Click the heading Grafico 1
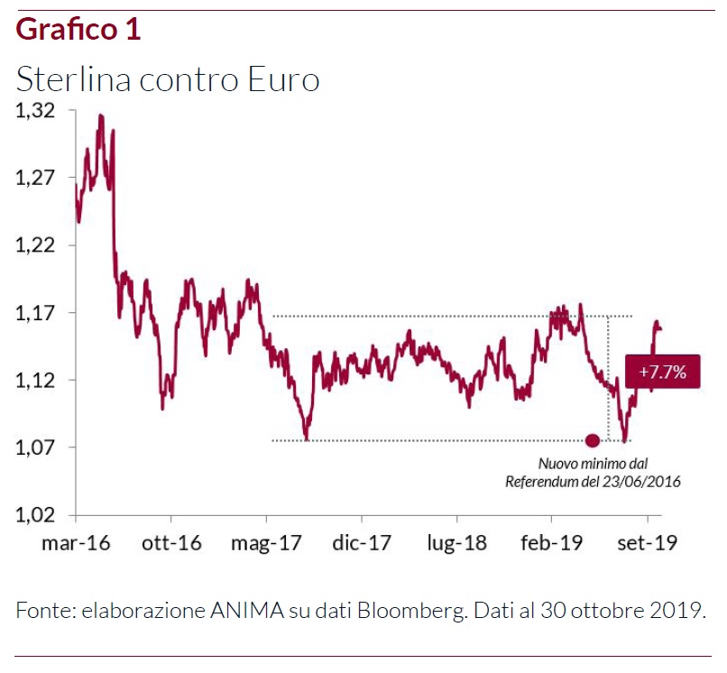tap(78, 30)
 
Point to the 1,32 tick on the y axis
tap(36, 111)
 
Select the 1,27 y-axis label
tap(36, 178)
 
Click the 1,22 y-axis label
tap(36, 245)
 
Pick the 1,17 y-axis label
tap(36, 313)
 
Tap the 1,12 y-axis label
tap(36, 381)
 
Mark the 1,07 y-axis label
tap(36, 447)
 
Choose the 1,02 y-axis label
tap(36, 515)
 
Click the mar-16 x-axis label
tap(76, 543)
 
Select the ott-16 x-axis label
tap(170, 543)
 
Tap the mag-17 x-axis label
tap(266, 543)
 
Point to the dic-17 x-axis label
tap(361, 543)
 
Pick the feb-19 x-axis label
tap(551, 543)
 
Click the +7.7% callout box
tap(662, 371)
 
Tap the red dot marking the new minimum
tap(593, 440)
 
